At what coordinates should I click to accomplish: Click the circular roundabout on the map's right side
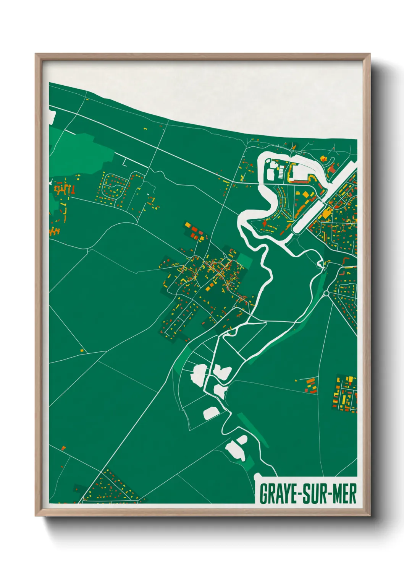326,293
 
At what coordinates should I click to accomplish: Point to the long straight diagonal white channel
325,199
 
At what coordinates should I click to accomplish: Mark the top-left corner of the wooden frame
36,54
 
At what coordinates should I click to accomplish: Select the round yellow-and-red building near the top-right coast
324,158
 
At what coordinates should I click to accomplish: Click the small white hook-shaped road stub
124,162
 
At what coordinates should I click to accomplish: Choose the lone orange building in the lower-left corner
63,447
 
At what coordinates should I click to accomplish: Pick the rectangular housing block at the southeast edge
346,394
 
